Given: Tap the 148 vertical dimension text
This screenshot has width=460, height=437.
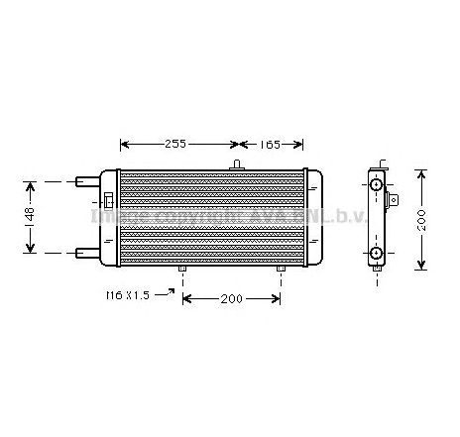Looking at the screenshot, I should click(32, 216).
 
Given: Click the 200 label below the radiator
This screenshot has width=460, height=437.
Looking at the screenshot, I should click(231, 298).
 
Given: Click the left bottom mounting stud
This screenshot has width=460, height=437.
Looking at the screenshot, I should click(182, 269).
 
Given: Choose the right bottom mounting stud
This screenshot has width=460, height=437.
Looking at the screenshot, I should click(281, 269).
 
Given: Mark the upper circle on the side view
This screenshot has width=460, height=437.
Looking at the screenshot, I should click(377, 186).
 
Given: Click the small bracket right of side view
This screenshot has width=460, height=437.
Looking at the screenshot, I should click(394, 200).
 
